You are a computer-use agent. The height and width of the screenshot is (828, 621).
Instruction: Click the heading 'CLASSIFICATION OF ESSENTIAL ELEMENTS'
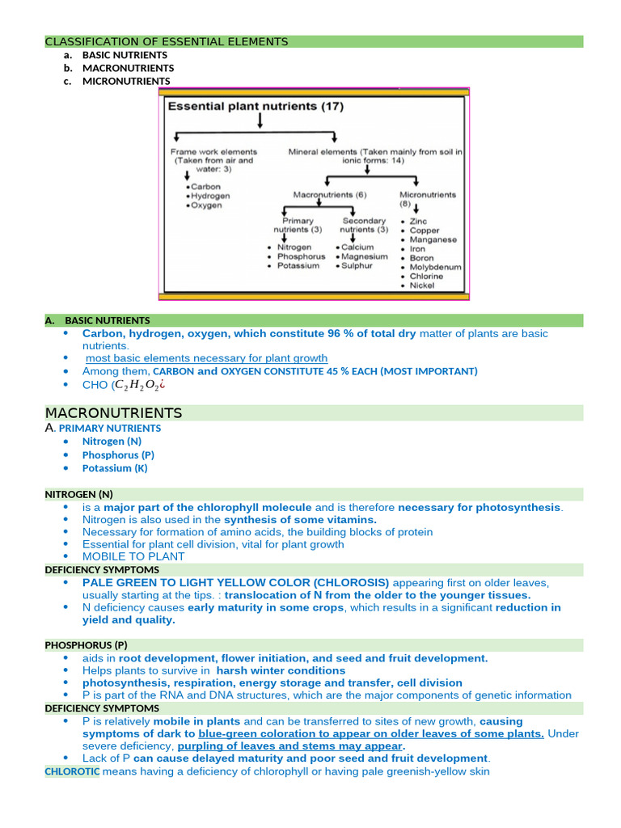tap(166, 41)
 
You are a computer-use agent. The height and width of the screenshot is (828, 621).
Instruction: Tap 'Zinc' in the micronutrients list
tap(419, 221)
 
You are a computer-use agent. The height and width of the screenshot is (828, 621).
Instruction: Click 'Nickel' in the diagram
tap(421, 285)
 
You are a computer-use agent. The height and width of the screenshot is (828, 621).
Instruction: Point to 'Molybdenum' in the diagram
tap(434, 267)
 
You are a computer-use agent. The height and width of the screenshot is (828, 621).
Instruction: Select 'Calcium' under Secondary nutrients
tap(357, 247)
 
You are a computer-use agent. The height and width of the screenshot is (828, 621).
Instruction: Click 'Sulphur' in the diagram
tap(357, 266)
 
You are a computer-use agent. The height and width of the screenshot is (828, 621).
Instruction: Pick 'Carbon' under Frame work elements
tap(205, 187)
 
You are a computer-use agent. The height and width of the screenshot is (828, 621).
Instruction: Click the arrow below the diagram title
tap(260, 120)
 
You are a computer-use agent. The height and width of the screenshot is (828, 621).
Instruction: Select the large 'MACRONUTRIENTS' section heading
tap(114, 413)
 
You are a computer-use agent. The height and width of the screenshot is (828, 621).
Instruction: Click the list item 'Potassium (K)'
tap(115, 468)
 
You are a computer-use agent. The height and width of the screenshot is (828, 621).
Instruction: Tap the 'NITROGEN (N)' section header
tap(78, 494)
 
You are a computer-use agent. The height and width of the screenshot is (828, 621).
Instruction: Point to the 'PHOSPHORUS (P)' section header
tap(86, 645)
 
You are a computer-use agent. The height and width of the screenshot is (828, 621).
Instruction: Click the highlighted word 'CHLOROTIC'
tap(72, 771)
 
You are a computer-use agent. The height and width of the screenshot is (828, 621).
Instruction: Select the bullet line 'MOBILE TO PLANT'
tap(133, 556)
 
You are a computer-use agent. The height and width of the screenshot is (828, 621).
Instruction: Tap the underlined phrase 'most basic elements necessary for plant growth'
tap(206, 358)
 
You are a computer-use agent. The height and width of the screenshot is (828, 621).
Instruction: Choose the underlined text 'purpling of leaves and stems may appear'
tap(289, 746)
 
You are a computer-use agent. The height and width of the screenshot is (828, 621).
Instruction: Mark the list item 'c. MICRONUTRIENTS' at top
tap(125, 81)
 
